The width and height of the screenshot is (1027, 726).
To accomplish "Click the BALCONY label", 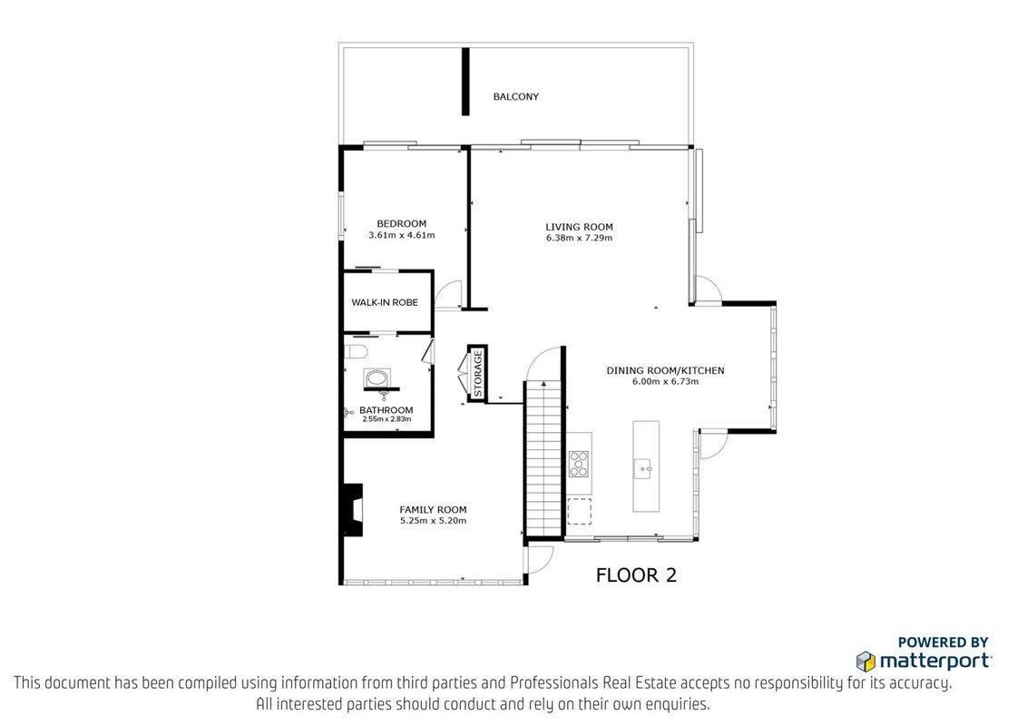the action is tap(516, 97).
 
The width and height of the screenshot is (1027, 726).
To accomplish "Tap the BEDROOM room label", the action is tap(402, 224).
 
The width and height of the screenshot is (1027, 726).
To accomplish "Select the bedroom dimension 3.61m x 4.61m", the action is tap(402, 235).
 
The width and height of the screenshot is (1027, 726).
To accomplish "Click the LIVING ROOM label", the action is tap(580, 228).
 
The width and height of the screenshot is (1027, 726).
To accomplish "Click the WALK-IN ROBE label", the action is tap(385, 303).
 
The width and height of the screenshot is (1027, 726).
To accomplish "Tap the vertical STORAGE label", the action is tap(478, 374).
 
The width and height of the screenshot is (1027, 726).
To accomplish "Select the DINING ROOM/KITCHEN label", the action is tap(665, 371).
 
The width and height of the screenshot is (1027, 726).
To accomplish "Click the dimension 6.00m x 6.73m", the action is tap(665, 382).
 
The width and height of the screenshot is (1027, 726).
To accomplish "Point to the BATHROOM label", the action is tap(386, 411).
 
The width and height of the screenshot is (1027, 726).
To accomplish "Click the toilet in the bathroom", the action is tap(355, 352).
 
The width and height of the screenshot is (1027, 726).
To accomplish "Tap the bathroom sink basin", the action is tap(377, 378).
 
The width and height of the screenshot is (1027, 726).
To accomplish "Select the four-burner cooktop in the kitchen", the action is tap(578, 464).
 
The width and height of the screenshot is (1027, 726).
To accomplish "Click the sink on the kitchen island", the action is tap(642, 469).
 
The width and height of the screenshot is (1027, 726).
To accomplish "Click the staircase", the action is tap(544, 458).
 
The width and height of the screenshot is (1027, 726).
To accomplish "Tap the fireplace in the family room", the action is tap(353, 510).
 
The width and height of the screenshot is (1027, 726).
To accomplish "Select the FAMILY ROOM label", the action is tap(433, 510).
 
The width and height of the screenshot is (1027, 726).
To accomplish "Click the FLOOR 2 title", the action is tap(636, 575).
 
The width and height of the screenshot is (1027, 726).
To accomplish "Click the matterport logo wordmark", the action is tap(935, 661).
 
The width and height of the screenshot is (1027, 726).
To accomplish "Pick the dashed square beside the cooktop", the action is tap(579, 511).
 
